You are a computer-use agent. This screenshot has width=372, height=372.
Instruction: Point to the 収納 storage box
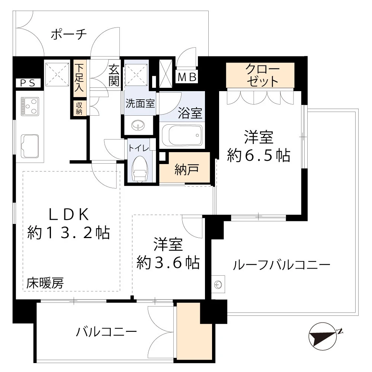(x=79, y=108)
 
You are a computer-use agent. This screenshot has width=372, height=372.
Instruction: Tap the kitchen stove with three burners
(x=29, y=106)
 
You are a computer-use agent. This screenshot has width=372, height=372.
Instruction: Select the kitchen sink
(x=29, y=146)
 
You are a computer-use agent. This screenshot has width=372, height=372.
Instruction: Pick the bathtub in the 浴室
(x=182, y=135)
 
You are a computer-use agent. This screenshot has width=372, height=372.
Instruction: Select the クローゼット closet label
(x=260, y=75)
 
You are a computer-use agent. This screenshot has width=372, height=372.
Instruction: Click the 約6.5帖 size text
(x=259, y=155)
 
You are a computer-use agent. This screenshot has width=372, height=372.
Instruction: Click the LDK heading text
(x=68, y=215)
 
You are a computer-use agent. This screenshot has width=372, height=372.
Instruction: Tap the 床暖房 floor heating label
(x=45, y=284)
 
